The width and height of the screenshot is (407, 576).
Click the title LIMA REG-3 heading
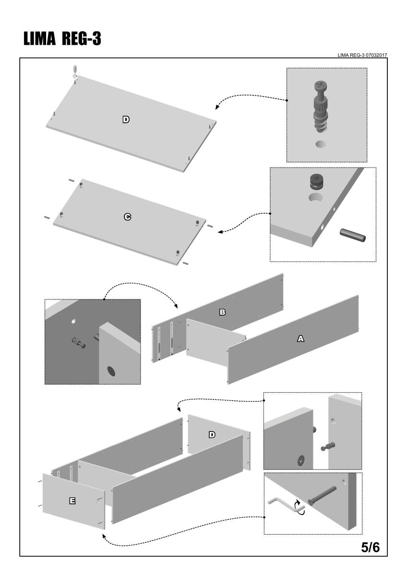(60, 39)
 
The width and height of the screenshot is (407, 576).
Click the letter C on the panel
(127, 217)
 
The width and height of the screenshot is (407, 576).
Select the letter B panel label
(222, 312)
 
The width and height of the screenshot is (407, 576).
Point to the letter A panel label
(300, 338)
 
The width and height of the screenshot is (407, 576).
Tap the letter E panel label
(72, 501)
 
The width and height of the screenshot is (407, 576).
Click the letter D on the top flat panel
(126, 120)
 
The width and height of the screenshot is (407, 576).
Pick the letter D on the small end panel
(212, 435)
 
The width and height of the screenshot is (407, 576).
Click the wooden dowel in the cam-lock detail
(352, 235)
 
